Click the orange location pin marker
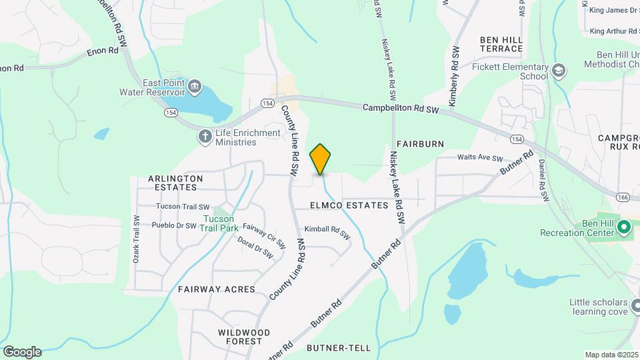[321, 159]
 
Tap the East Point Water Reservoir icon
[195, 85]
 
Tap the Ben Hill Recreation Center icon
[624, 227]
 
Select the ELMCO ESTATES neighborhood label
[349, 205]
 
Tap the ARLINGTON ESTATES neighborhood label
[175, 183]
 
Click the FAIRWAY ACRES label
[217, 289]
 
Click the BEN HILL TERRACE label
[501, 45]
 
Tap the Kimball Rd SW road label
[327, 231]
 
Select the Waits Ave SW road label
[479, 158]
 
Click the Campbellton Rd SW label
[401, 108]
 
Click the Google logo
[22, 352]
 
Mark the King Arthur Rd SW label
[614, 31]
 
